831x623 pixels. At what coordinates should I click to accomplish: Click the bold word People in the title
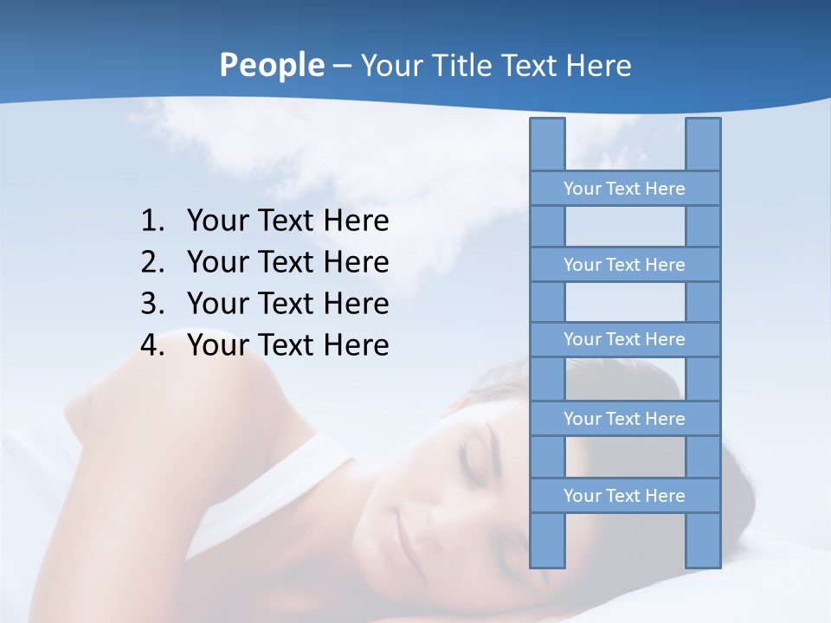click(271, 65)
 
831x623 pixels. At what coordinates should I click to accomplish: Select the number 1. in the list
click(152, 222)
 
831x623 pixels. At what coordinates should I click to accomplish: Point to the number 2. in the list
click(152, 262)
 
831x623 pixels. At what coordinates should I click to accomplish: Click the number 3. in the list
click(152, 304)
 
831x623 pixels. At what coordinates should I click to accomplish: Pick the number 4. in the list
click(152, 345)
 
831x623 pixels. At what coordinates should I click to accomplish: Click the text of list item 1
click(287, 222)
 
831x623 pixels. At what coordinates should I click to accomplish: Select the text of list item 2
click(287, 262)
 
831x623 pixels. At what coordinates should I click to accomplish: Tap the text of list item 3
click(287, 304)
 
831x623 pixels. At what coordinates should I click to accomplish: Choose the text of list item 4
click(287, 345)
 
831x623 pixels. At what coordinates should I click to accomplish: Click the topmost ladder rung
click(624, 189)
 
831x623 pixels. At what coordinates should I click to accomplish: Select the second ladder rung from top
click(624, 265)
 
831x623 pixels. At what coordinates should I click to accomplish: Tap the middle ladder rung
click(624, 340)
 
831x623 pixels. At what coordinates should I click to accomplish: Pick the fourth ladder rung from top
click(624, 419)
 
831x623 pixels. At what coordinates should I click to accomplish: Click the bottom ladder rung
click(624, 496)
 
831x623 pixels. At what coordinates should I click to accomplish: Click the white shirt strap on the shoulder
click(286, 485)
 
